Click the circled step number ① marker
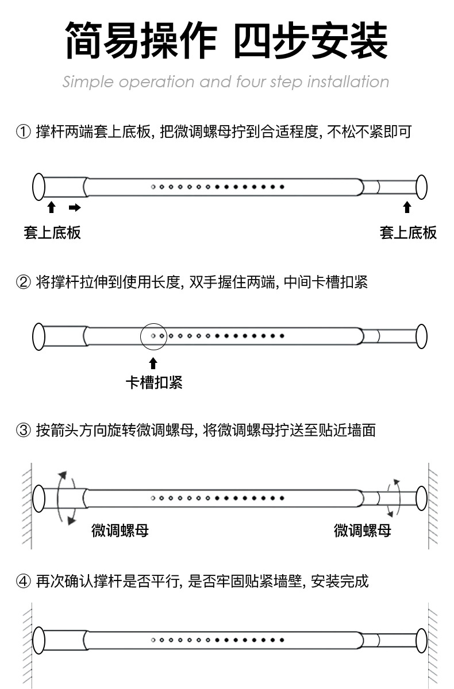tap(23, 133)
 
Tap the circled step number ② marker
tap(23, 282)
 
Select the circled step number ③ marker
tap(23, 430)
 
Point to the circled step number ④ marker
tap(23, 582)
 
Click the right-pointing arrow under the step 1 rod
tap(75, 207)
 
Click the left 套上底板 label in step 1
tap(52, 233)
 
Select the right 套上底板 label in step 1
tap(408, 233)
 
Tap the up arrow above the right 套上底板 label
tap(407, 207)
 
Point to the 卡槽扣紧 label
tap(154, 382)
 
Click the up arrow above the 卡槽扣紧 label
tap(153, 363)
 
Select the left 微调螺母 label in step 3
tap(120, 531)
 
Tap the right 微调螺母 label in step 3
tap(363, 531)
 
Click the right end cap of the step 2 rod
tap(421, 336)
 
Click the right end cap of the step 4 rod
tap(421, 640)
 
